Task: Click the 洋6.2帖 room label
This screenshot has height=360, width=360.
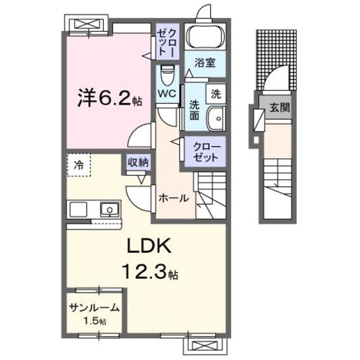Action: [109, 100]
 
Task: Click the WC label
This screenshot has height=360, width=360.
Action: [166, 93]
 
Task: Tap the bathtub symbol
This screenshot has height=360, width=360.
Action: [205, 37]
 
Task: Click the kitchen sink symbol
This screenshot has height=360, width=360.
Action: [109, 209]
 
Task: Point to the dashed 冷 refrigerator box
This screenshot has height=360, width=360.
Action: [79, 165]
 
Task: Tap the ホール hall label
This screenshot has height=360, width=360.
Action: [173, 198]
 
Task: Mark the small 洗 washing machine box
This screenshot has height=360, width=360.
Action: [216, 94]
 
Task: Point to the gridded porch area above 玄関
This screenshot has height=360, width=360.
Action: [276, 59]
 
